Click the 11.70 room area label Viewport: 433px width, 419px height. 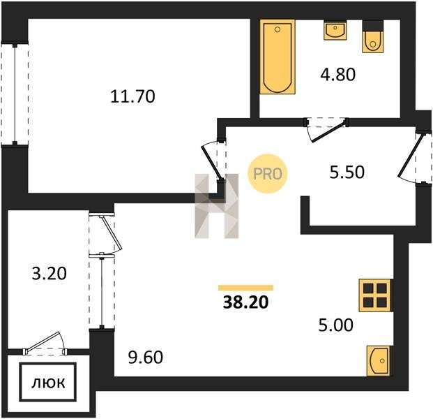pos(132,97)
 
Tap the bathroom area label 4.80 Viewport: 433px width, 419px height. pos(337,75)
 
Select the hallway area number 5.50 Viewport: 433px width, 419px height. pos(347,172)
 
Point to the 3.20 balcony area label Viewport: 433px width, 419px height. pos(49,274)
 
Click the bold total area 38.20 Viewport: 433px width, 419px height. pos(245,302)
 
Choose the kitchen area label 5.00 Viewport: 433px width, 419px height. pos(335,325)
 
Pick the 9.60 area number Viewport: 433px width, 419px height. pos(146,357)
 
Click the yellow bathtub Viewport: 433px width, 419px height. pos(278,57)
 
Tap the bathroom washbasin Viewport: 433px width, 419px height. pos(335,31)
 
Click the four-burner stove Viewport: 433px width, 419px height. pos(375,295)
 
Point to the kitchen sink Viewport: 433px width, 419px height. pos(379,360)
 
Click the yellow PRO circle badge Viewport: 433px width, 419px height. pos(267,174)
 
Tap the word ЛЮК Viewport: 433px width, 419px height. pos(48,383)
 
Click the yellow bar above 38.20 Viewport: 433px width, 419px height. pos(245,288)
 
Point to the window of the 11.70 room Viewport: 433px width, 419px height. pos(15,94)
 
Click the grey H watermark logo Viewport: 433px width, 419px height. pos(216,206)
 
